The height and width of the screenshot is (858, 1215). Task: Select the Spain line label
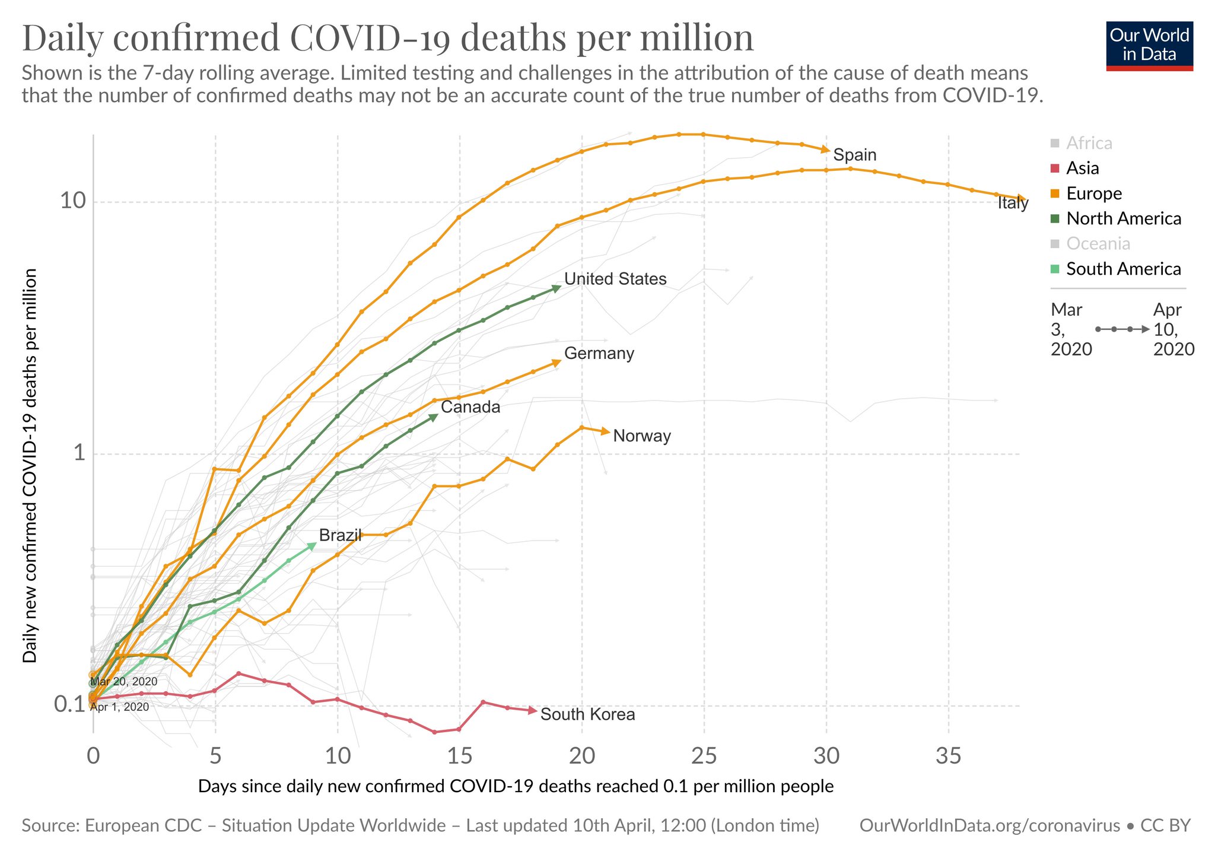coord(854,155)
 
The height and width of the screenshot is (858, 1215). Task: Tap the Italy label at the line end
coord(1013,203)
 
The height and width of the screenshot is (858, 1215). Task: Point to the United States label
coord(615,279)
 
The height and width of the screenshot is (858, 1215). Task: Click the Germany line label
coord(599,354)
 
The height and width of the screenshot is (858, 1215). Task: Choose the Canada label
coord(470,407)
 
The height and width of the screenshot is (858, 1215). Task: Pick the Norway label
coord(642,436)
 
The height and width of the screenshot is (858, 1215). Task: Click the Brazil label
coord(340,535)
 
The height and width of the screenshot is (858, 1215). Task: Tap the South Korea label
coord(587,714)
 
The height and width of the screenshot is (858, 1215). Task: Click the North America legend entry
coord(1123,219)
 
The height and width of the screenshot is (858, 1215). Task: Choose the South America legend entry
coord(1123,269)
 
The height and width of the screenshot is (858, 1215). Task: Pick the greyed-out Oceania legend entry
coord(1098,244)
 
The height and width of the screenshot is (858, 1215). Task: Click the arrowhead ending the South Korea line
coord(533,711)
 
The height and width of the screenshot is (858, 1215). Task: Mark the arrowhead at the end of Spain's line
coord(825,150)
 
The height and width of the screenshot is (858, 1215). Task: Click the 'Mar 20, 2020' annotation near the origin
coord(124,682)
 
